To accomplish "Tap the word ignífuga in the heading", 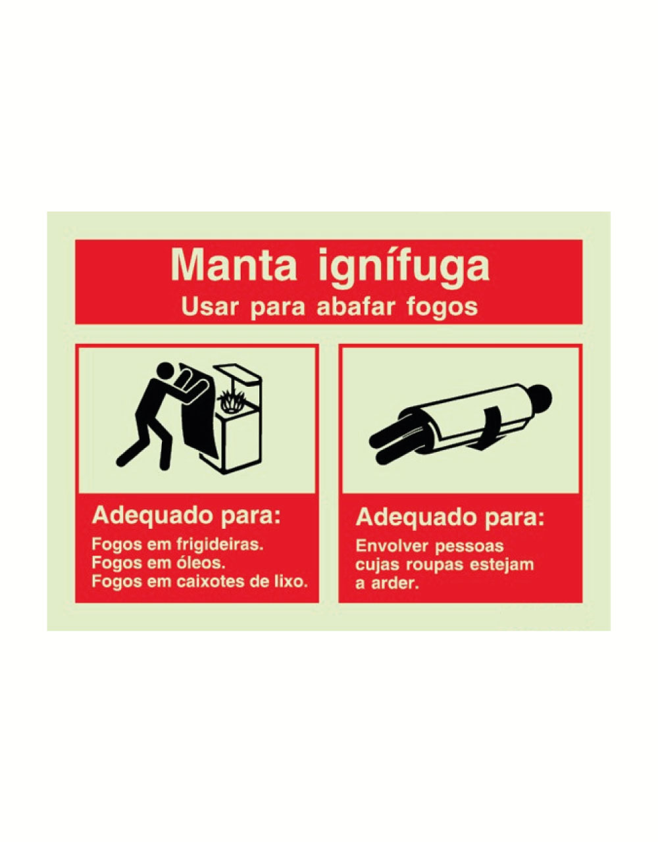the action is pyautogui.click(x=404, y=268).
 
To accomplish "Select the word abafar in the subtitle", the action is pyautogui.click(x=356, y=307).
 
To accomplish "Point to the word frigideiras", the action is pyautogui.click(x=220, y=544).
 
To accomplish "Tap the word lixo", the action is pyautogui.click(x=291, y=582).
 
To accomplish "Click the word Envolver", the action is pyautogui.click(x=393, y=546).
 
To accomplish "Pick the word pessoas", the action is pyautogui.click(x=469, y=547).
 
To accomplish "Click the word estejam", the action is pyautogui.click(x=502, y=564).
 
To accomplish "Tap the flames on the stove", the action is pyautogui.click(x=232, y=401).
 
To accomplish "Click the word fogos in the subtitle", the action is pyautogui.click(x=442, y=309).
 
